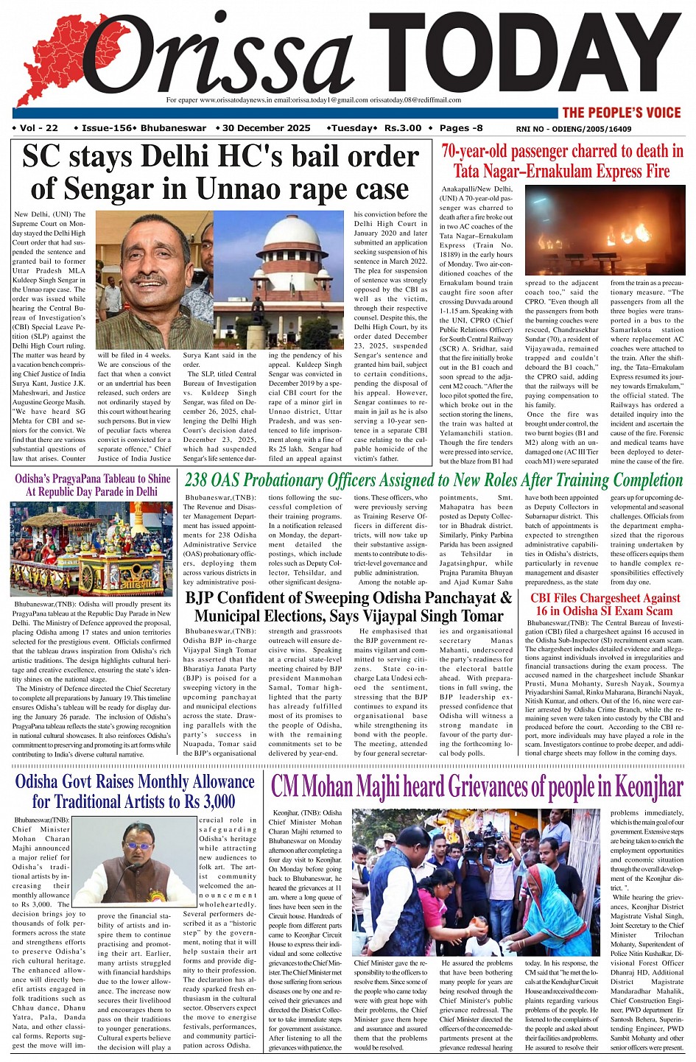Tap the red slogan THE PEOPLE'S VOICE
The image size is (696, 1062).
pyautogui.click(x=622, y=113)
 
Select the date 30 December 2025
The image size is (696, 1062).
pyautogui.click(x=266, y=128)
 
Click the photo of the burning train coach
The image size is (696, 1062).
pyautogui.click(x=603, y=232)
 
